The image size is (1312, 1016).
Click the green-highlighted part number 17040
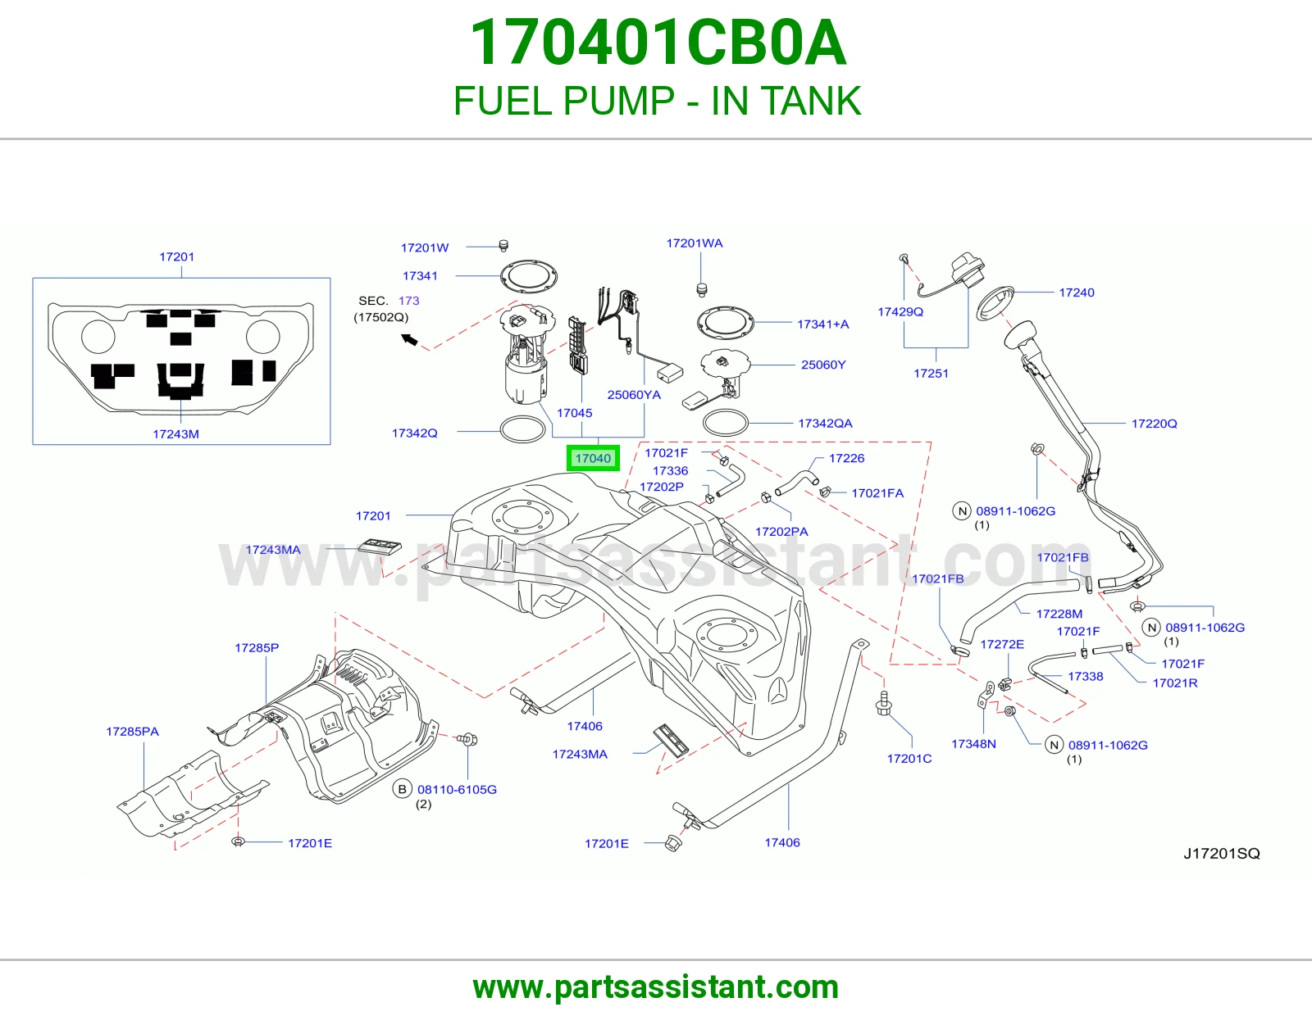[592, 458]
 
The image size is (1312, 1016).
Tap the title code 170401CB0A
[658, 43]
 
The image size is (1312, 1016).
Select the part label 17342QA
[825, 423]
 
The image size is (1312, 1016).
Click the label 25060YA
[633, 395]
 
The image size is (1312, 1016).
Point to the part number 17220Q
[1154, 423]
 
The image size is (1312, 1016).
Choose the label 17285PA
[132, 731]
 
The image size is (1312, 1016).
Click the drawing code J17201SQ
[1222, 853]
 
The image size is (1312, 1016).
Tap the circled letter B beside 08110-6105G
[402, 789]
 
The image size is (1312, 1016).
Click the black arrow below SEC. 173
[409, 340]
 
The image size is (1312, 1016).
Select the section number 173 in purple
[408, 301]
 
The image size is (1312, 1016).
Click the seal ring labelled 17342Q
[523, 429]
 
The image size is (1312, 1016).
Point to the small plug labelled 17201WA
[701, 289]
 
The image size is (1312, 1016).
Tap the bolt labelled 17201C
[883, 704]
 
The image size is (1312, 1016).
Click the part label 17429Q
[900, 311]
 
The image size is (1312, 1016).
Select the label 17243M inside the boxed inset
[175, 433]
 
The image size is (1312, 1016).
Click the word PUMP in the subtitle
[618, 101]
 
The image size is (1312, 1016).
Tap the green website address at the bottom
[656, 987]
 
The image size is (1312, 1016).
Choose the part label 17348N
[973, 744]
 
